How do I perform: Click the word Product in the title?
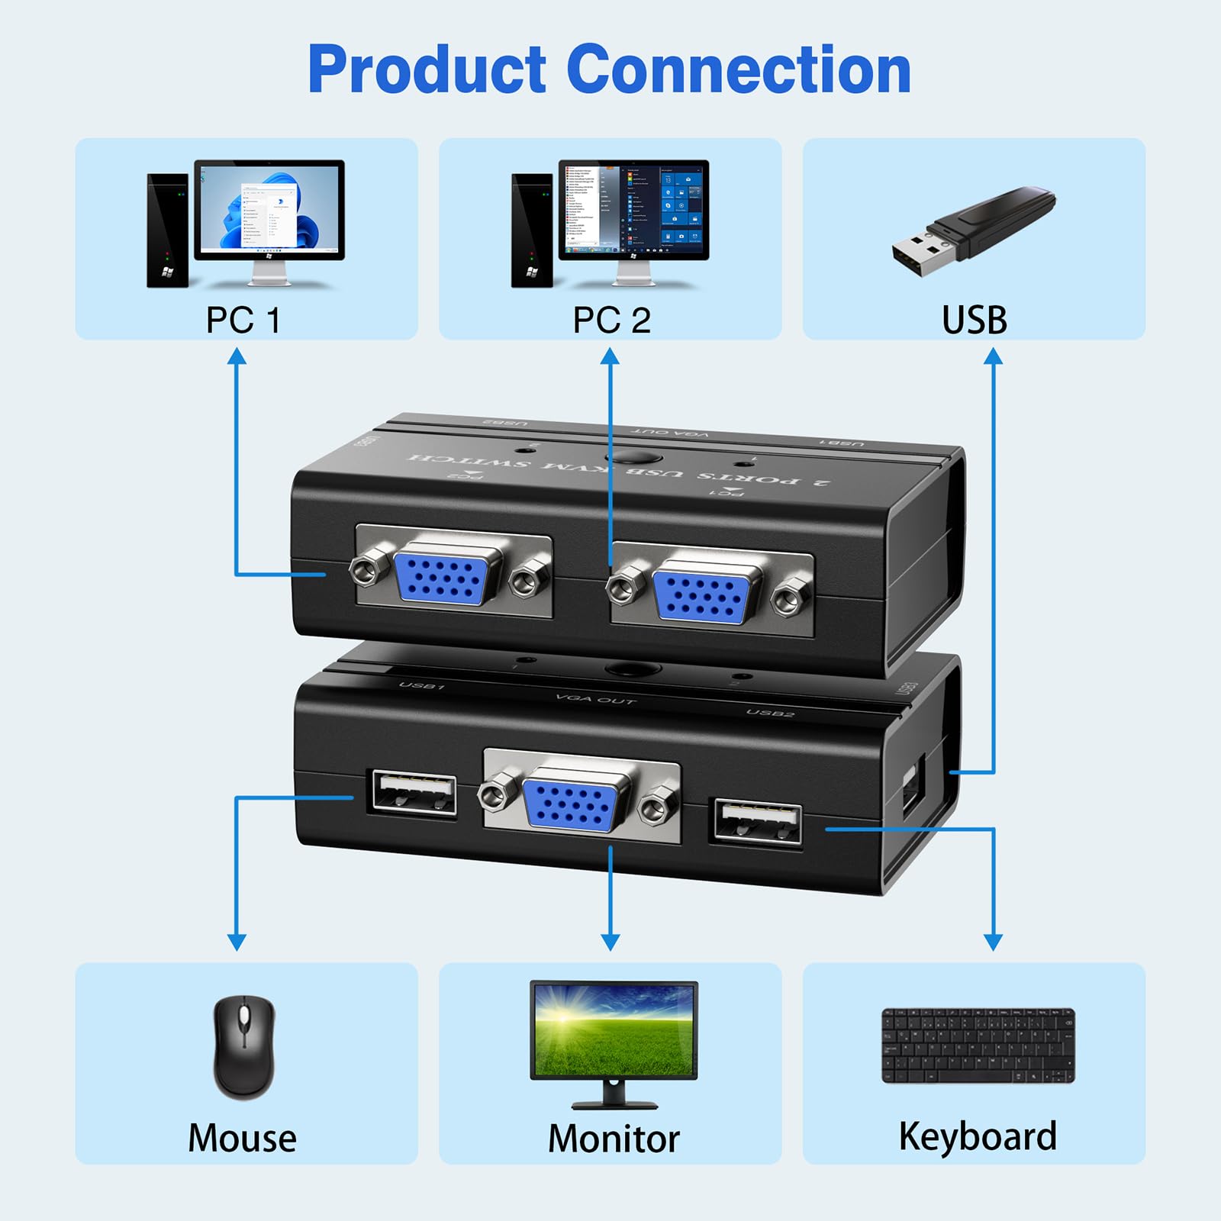coord(427,70)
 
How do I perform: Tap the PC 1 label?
coord(243,321)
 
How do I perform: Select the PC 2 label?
coord(611,321)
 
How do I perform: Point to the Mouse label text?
coord(242,1138)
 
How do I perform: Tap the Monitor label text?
coord(614,1139)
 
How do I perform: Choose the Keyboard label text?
coord(978,1136)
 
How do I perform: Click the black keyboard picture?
coord(978,1045)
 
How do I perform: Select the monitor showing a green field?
coord(614,1030)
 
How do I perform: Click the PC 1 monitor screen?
coord(269,208)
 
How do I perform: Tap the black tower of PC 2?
coord(531,230)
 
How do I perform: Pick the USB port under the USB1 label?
coord(413,794)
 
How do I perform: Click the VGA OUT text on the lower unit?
coord(595,699)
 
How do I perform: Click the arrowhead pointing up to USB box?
coord(993,356)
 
